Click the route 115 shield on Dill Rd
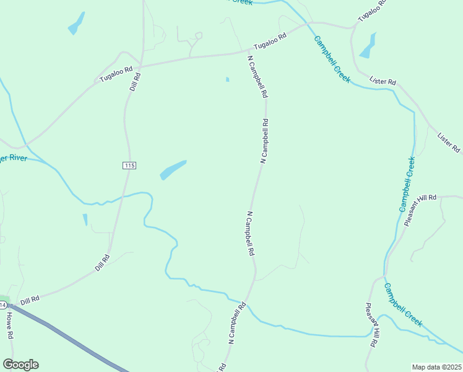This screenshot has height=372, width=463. tap(129, 166)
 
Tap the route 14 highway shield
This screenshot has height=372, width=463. tap(3, 305)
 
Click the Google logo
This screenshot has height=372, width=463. tap(20, 365)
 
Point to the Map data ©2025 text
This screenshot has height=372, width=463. tap(436, 367)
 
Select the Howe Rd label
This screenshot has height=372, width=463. tap(10, 324)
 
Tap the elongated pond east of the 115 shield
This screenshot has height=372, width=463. tap(173, 169)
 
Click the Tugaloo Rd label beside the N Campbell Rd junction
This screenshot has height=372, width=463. tap(271, 42)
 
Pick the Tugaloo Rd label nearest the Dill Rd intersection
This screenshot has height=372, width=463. tap(117, 75)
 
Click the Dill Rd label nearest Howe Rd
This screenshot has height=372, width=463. tap(30, 300)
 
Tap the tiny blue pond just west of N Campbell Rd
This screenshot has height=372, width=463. tap(228, 79)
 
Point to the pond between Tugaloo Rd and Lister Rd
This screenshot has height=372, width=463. tap(368, 46)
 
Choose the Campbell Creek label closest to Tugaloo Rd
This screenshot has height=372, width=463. tap(332, 60)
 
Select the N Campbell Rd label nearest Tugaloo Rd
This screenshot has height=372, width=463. tap(257, 77)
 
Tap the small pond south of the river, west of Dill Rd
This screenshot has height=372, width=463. tap(85, 219)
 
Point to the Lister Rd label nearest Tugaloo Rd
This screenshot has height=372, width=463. tap(383, 81)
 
